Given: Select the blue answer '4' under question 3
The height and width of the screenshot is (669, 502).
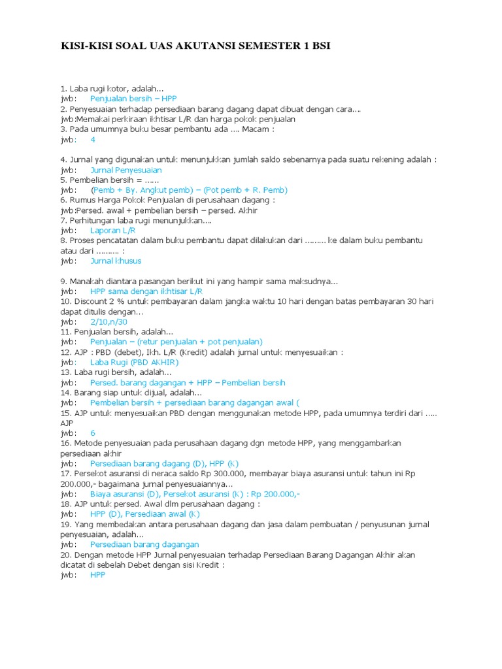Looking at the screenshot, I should tap(93, 140).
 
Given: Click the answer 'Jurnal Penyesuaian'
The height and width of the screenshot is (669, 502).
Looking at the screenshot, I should tap(125, 170).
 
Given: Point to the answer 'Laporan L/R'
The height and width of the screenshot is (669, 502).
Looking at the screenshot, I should tap(112, 231).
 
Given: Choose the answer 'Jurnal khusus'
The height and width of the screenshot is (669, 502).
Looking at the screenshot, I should tap(116, 261).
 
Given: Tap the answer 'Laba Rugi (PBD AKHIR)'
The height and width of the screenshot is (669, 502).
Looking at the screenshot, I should tap(134, 363).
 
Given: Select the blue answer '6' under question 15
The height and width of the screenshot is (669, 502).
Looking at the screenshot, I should tap(93, 433).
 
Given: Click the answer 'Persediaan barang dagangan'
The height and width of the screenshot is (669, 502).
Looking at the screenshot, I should tap(144, 544).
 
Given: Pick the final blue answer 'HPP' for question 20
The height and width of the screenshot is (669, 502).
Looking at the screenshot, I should tap(97, 575).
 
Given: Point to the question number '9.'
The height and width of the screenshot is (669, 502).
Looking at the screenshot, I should tap(63, 282).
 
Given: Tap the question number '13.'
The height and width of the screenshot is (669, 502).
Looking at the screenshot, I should tap(66, 372).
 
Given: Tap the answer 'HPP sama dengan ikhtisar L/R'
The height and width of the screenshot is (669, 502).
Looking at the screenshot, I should tap(146, 291).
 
